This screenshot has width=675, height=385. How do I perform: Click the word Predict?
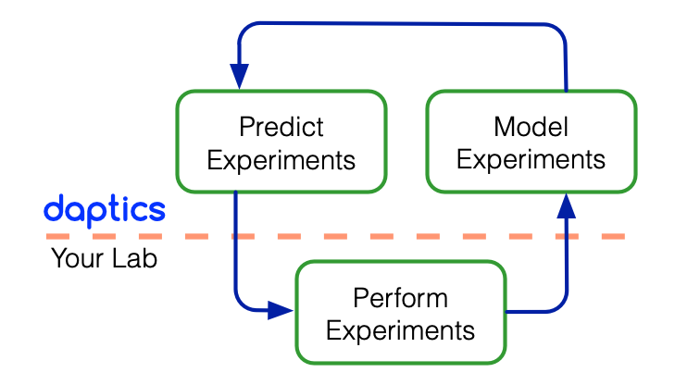tap(281, 126)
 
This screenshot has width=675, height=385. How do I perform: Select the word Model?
tap(531, 126)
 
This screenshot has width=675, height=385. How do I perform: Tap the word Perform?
tap(400, 298)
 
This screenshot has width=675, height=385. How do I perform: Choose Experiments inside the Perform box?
tap(400, 330)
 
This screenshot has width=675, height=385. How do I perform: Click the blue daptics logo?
tap(105, 208)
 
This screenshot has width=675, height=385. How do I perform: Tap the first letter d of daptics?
tap(55, 208)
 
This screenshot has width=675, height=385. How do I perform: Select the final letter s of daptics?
tap(156, 211)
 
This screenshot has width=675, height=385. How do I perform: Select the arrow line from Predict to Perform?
tap(237, 259)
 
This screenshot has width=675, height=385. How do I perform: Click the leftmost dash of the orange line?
tap(58, 237)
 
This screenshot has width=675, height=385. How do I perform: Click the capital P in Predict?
tap(245, 126)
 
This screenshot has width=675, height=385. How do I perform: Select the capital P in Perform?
tap(359, 298)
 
